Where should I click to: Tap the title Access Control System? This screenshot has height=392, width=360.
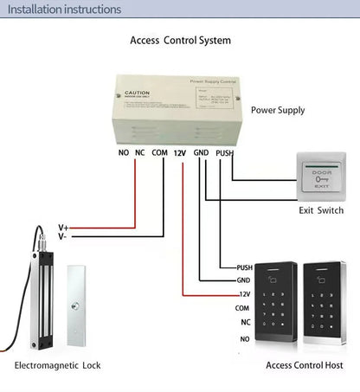(x=180, y=41)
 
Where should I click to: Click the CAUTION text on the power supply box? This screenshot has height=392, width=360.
(x=138, y=93)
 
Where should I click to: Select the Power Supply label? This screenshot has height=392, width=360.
(x=278, y=111)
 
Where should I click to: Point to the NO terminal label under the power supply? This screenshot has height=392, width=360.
(x=122, y=153)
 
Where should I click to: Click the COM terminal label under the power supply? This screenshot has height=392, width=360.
(x=159, y=153)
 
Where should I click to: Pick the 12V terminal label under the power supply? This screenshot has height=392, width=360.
(x=180, y=153)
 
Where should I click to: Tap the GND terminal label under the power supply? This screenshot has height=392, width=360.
(x=202, y=153)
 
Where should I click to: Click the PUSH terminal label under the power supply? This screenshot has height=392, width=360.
(x=224, y=153)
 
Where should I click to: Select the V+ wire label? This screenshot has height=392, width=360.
(x=63, y=227)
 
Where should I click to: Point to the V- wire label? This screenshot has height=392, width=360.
(x=63, y=236)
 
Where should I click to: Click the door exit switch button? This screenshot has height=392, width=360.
(x=321, y=177)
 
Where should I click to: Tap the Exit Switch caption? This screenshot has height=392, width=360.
(x=321, y=210)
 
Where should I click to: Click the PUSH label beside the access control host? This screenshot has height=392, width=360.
(x=244, y=267)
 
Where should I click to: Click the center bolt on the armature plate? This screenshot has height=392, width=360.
(x=83, y=307)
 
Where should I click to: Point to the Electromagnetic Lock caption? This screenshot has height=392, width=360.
(x=57, y=366)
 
